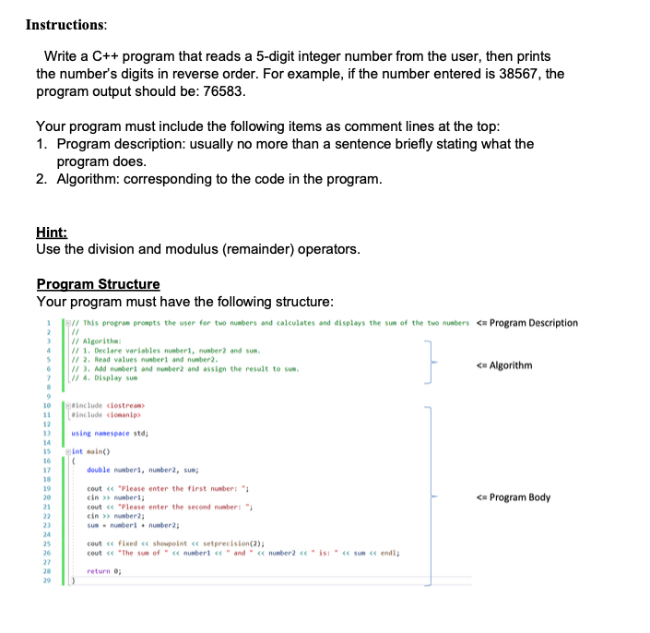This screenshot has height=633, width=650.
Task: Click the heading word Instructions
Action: tap(66, 24)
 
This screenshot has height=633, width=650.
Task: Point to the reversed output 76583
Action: tap(220, 92)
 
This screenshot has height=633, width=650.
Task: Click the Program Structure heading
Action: tap(98, 284)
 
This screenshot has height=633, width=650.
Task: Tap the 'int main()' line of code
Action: tap(90, 452)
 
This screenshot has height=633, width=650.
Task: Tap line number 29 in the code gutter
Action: tap(46, 581)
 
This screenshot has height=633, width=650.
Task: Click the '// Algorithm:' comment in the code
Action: tap(97, 341)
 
